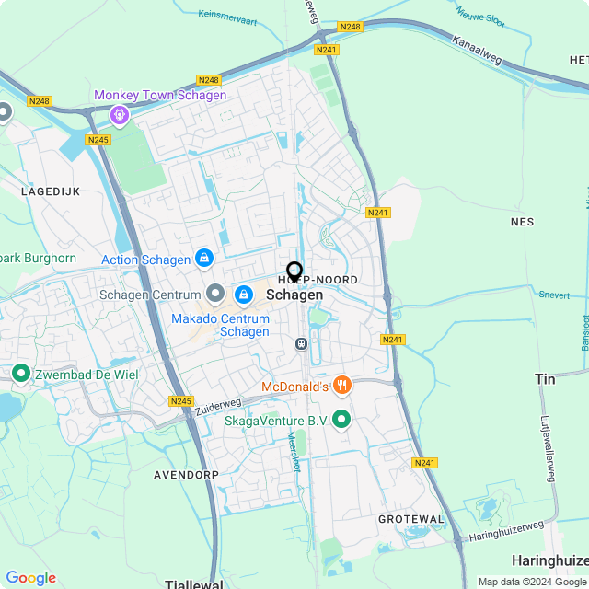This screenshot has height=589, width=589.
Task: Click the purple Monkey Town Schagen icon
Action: coord(119,115)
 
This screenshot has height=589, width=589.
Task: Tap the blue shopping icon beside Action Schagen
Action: coord(204,260)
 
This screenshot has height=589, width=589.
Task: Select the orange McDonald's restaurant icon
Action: coord(342,386)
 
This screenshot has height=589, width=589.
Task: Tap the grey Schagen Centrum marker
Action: coord(215,294)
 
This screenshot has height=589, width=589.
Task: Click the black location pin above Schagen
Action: coord(294,271)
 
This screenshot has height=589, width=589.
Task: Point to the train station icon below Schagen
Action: coord(301,343)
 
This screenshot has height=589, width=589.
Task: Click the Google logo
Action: coord(30,578)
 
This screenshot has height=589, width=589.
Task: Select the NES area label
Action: coord(522,222)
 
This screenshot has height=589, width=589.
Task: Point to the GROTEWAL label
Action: coord(410,519)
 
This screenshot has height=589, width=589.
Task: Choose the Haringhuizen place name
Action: coord(549,560)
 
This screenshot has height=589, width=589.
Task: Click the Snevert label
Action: coord(554,295)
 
